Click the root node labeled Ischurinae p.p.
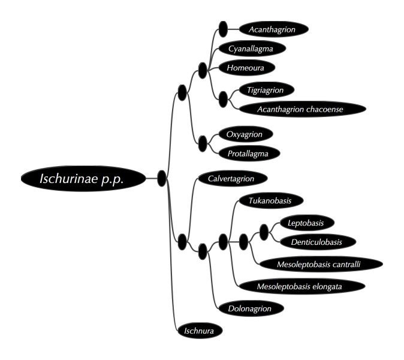83,178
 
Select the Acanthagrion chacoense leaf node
303,109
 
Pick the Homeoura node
247,68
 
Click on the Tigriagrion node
267,90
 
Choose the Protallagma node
249,154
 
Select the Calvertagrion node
233,178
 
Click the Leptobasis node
307,223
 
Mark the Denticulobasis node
318,242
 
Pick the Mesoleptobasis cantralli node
321,264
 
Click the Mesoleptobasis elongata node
302,286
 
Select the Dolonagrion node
251,308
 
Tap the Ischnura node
200,331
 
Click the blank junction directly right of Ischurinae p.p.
162,178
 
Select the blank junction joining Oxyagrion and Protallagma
203,143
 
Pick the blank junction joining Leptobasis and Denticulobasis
264,232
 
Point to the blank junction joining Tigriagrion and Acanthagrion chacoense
223,99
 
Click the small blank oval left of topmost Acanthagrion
223,29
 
